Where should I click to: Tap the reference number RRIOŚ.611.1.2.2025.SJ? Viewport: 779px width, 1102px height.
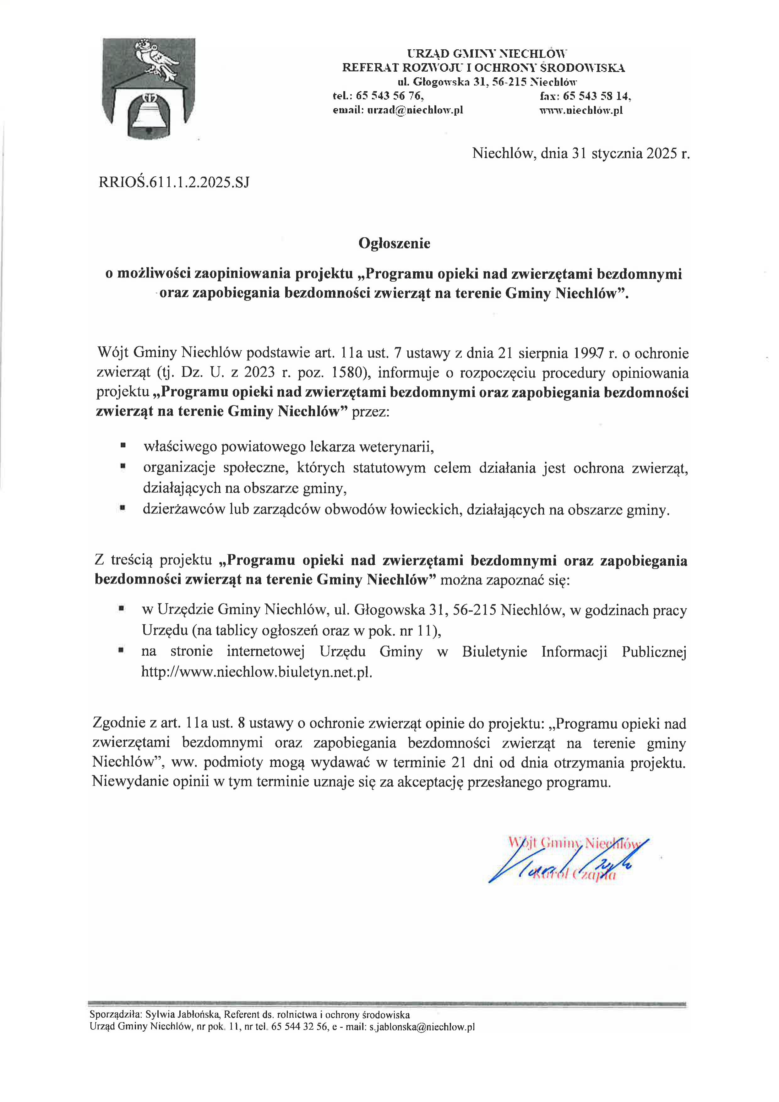click(x=174, y=182)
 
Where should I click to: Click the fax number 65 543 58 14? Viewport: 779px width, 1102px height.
click(x=597, y=96)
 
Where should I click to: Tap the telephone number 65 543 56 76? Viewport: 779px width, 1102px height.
click(x=389, y=96)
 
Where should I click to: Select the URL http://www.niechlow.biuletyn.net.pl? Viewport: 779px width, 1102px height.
click(x=257, y=672)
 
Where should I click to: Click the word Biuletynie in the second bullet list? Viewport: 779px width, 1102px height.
click(x=494, y=651)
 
